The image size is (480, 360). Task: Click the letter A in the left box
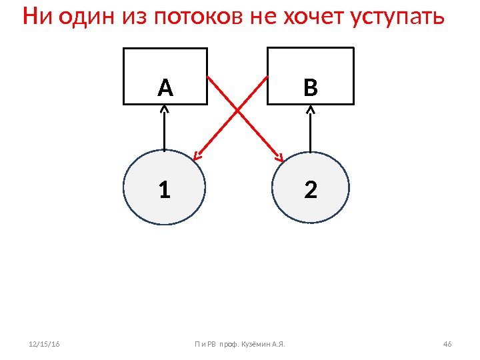165,87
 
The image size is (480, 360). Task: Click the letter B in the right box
311,87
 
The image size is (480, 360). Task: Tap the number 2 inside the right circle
311,191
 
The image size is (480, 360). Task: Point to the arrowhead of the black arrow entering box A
164,109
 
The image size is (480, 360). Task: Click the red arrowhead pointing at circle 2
280,159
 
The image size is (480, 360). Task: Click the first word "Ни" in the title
37,16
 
